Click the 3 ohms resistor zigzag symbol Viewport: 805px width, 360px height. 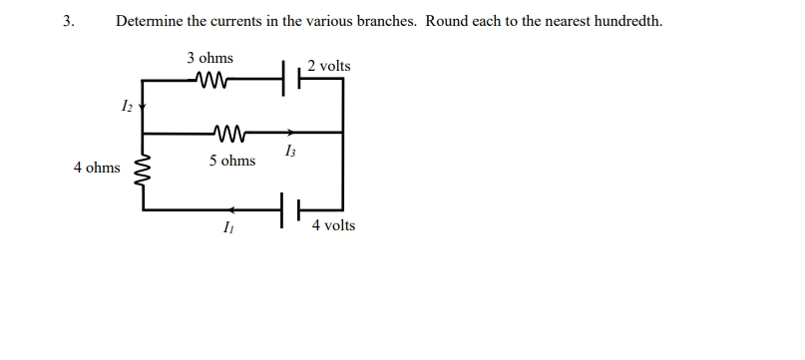(x=215, y=78)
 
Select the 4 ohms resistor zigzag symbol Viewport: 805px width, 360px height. (x=144, y=170)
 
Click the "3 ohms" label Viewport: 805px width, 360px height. (x=209, y=58)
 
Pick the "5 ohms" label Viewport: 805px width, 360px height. (x=231, y=160)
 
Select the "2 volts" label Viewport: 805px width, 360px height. (x=329, y=66)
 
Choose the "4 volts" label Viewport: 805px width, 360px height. (x=332, y=226)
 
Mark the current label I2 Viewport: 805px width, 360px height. (x=126, y=104)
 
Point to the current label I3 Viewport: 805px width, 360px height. (x=289, y=152)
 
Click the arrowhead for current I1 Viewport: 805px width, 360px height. (x=231, y=210)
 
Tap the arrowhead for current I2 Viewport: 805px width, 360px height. (x=144, y=104)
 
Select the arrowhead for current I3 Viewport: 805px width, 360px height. (x=289, y=132)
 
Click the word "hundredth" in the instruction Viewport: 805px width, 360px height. (x=625, y=21)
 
